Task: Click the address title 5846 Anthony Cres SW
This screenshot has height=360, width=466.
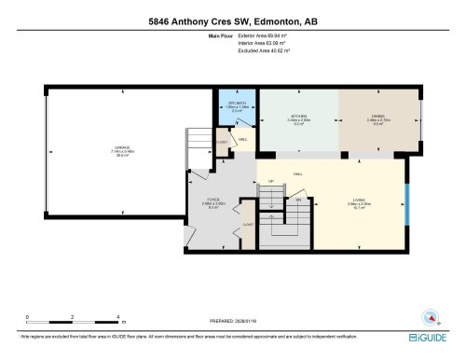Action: [232, 20]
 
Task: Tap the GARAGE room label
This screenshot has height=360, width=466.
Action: [122, 148]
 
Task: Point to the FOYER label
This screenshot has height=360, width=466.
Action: [212, 199]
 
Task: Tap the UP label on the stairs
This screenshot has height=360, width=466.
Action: [271, 181]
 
